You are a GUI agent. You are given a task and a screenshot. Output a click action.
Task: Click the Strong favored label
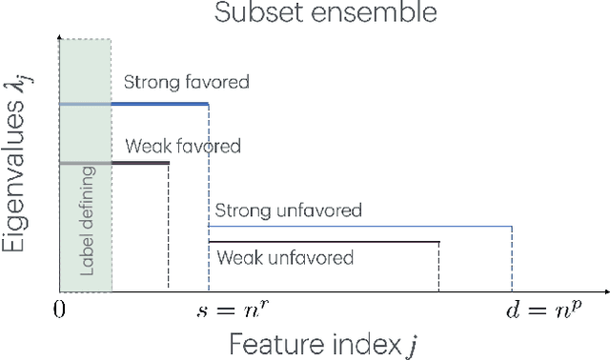[187, 82]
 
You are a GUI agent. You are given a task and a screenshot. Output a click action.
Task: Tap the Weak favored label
[182, 147]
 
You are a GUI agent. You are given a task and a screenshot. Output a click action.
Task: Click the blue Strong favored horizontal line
[160, 104]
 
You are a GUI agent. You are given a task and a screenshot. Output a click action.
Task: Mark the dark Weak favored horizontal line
[140, 164]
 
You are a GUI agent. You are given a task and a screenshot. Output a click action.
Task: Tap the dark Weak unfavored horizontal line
[324, 243]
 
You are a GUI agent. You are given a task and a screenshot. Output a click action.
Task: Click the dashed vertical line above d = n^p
[512, 259]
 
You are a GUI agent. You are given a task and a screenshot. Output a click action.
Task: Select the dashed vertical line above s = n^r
[209, 190]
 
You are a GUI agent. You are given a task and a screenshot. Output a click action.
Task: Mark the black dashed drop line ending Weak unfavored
[439, 267]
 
